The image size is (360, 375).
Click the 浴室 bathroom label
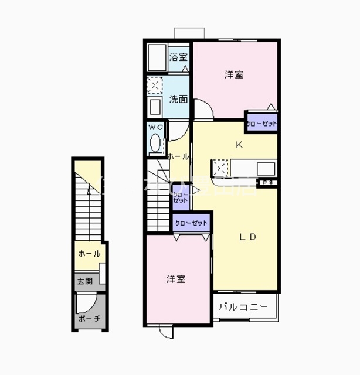coord(178,57)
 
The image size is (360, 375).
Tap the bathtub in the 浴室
coord(157,59)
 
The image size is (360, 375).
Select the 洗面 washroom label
coord(178,99)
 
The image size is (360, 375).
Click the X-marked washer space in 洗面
coord(154,86)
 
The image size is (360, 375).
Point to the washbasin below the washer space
coord(155,107)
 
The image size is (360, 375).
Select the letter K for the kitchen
coord(239,144)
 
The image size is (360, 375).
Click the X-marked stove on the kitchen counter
coord(220,168)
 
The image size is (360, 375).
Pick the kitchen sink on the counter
coord(265,169)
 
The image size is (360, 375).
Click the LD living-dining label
coord(247,237)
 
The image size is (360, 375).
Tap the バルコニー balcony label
coord(243,306)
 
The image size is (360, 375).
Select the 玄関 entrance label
coord(84,281)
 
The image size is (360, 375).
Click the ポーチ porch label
coord(89,319)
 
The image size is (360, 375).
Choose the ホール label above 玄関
coord(89,254)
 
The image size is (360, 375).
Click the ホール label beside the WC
coord(178,156)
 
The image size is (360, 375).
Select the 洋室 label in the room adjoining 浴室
coord(234,74)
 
